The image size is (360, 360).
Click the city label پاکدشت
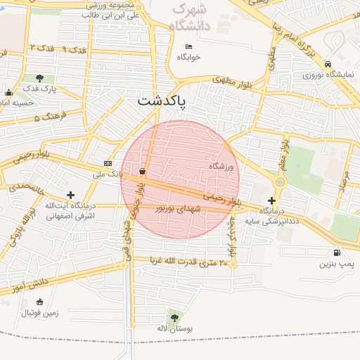[x=164, y=103]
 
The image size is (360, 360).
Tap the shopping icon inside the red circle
[x=143, y=171]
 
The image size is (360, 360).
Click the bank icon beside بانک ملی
[x=108, y=163]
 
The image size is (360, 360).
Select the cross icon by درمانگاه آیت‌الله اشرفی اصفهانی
[x=70, y=194]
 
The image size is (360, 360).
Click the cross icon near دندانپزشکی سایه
[x=272, y=200]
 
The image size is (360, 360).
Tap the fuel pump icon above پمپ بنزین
[x=338, y=252]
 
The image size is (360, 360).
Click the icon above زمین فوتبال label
[x=39, y=302]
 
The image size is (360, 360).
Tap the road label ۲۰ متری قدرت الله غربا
[x=188, y=262]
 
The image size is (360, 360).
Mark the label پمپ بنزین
[x=335, y=264]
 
